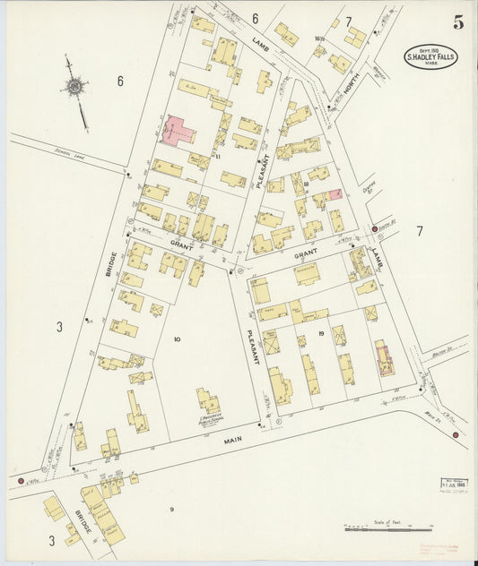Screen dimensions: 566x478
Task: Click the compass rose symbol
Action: tap(74, 88)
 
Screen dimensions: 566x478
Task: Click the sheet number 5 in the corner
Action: tap(458, 23)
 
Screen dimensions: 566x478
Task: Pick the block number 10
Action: tap(178, 339)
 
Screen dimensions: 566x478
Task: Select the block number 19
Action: tap(319, 333)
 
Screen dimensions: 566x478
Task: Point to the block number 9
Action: tap(169, 510)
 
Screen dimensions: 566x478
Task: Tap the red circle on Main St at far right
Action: tap(456, 435)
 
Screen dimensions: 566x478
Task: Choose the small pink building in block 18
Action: tap(335, 193)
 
